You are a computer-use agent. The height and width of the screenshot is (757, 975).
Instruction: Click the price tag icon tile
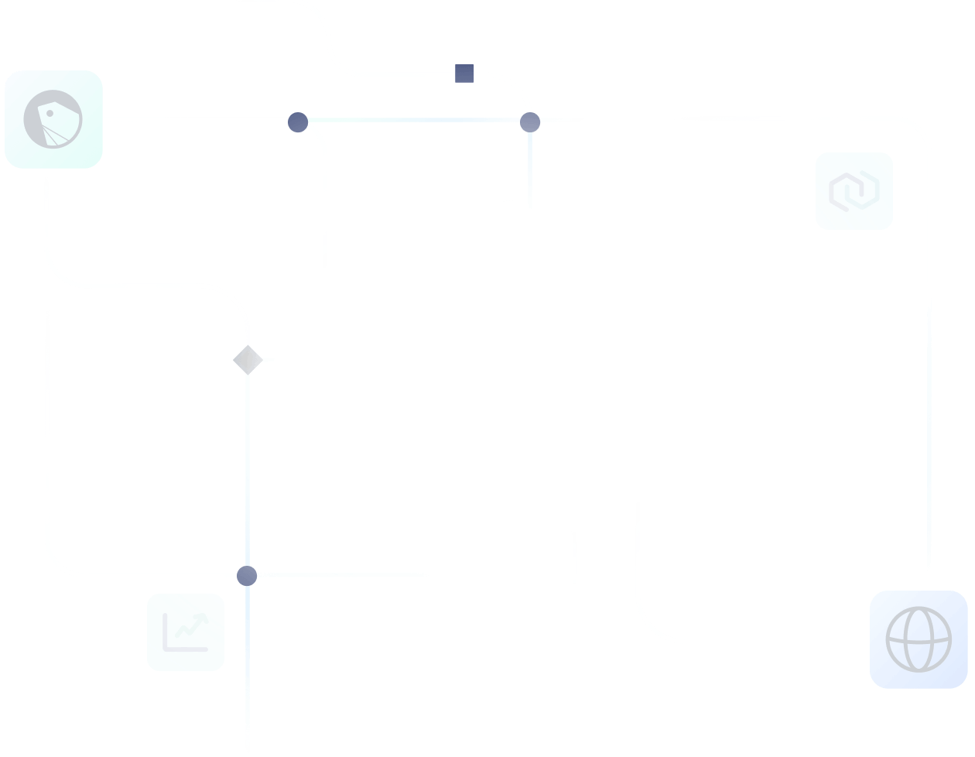tap(53, 119)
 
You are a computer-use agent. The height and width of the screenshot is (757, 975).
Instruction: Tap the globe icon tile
tap(919, 639)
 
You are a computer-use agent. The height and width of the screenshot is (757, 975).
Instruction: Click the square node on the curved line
tap(464, 74)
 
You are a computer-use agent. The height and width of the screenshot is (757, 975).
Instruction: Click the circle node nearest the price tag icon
tap(298, 122)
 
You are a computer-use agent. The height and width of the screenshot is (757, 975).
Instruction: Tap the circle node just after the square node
tap(529, 122)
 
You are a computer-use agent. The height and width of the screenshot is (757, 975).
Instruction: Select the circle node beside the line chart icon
tap(247, 576)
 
